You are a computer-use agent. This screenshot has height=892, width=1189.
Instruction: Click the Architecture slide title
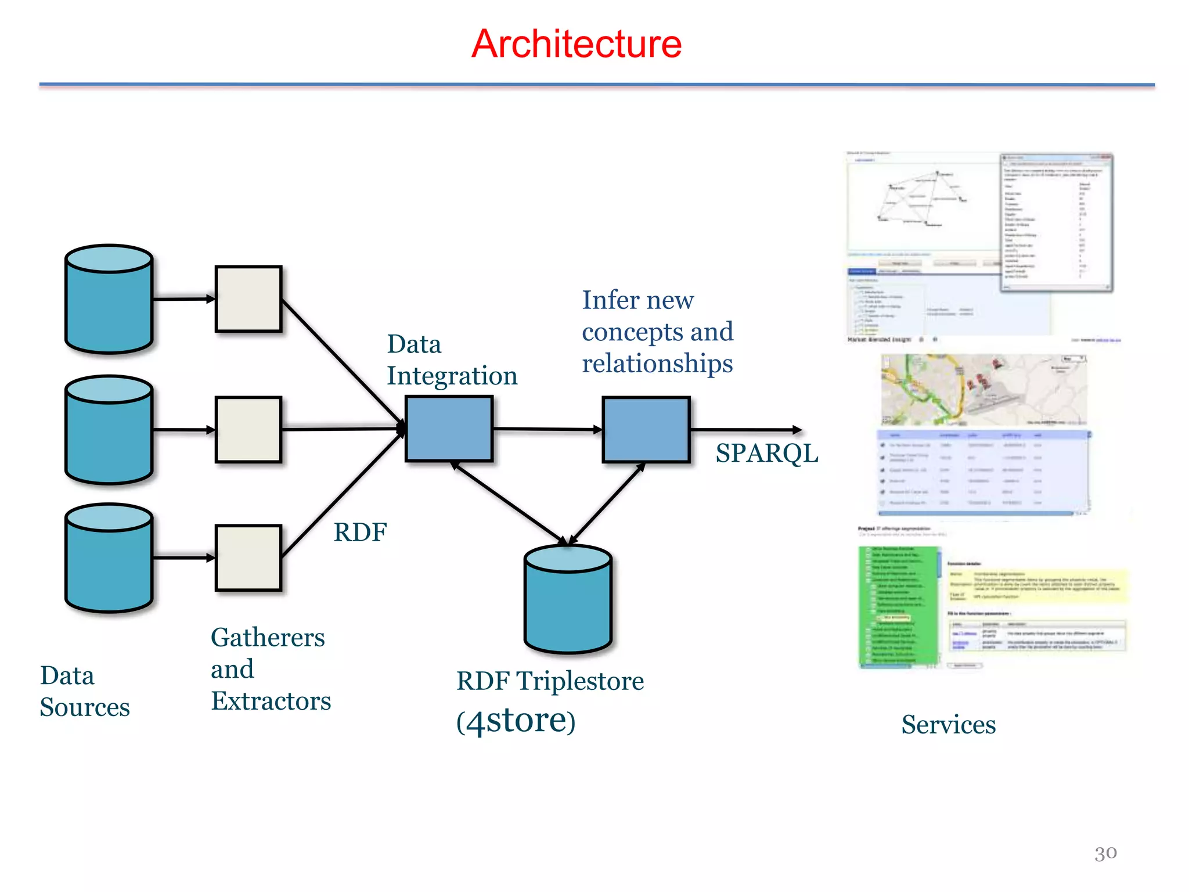pos(576,44)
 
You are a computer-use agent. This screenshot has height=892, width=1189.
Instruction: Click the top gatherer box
pos(248,299)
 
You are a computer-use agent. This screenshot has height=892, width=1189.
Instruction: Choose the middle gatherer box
pos(248,430)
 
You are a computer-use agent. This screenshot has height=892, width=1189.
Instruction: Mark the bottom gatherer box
pos(248,558)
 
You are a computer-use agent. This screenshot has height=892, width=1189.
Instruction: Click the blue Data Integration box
pos(449,429)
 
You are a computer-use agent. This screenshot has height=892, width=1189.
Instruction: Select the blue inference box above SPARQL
pos(646,430)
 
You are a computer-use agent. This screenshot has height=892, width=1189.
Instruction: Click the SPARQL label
pos(766,454)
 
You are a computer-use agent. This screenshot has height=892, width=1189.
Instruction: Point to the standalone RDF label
pos(360,533)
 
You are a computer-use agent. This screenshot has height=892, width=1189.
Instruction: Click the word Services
pos(948,725)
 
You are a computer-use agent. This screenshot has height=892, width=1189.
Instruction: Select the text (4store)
pos(516,721)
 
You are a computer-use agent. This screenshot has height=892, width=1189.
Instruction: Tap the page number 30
pos(1105,853)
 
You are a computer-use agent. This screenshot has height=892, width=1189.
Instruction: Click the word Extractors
pos(271,701)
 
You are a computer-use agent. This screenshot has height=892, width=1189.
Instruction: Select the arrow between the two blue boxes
pos(547,430)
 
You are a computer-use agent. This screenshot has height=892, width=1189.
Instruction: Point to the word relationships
pos(657,364)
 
